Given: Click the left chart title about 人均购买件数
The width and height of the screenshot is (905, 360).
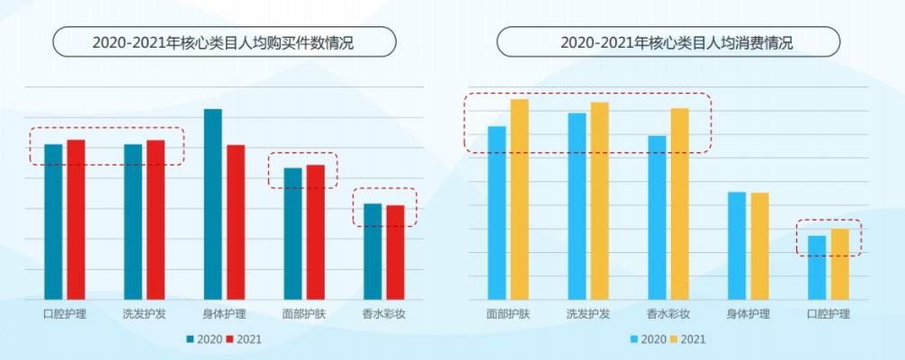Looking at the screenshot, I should click(x=224, y=42).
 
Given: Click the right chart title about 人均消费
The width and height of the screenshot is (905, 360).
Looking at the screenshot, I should click(x=668, y=42).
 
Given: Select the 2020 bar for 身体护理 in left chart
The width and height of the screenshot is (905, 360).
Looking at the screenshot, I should click(x=212, y=204).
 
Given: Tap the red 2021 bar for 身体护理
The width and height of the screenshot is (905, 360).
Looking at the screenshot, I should click(x=236, y=222).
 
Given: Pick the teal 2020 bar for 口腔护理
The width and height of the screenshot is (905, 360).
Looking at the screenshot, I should click(x=53, y=221).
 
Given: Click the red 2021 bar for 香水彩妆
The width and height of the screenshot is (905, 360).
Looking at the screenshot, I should click(x=395, y=252).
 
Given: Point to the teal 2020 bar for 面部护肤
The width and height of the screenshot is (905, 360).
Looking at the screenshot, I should click(x=292, y=233).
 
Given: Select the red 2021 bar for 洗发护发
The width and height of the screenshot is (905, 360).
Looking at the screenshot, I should click(x=156, y=220).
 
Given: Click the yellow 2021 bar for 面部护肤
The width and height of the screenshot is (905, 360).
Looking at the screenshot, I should click(x=519, y=199).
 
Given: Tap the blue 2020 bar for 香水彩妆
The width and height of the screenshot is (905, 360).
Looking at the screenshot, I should click(x=657, y=217).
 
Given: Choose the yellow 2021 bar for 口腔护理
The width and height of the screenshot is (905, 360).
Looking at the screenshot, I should click(x=839, y=264).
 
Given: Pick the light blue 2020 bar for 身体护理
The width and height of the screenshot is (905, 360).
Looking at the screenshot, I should click(x=737, y=246).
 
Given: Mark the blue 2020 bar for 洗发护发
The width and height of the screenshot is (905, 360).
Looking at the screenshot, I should click(x=577, y=206).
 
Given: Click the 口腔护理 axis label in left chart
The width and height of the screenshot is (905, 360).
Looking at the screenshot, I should click(x=65, y=315).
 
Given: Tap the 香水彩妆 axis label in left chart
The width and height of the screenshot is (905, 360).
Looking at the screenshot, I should click(x=385, y=315).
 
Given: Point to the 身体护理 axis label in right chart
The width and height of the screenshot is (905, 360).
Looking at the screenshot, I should click(x=748, y=315).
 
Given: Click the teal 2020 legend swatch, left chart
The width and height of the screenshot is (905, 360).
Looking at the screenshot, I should click(x=191, y=339).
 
